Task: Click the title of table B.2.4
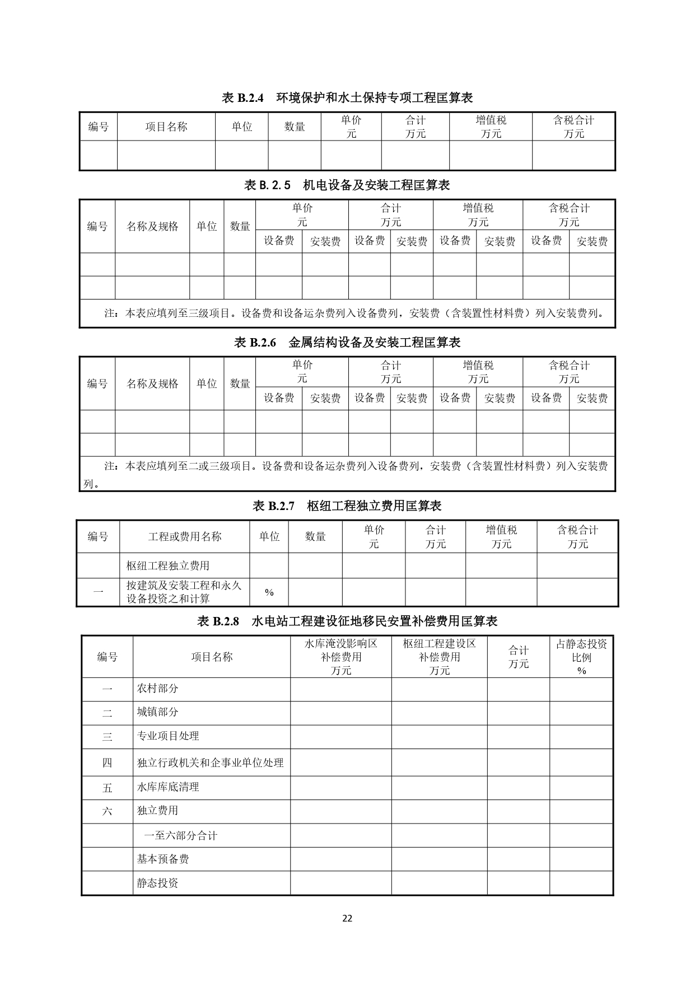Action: point(347,98)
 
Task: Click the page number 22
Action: point(347,918)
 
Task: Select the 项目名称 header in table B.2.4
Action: point(166,127)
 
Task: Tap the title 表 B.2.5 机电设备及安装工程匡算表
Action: point(347,185)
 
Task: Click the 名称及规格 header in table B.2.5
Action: point(152,226)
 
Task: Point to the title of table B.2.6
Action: point(347,343)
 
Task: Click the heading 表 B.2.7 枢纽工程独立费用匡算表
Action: point(347,506)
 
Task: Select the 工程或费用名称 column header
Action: point(185,536)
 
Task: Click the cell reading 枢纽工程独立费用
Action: point(168,565)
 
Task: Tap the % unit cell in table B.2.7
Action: point(269,592)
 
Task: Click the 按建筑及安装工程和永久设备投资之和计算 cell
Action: point(184,592)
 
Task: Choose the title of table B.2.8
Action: point(347,621)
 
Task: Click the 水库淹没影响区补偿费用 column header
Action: point(340,657)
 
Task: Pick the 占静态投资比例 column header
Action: point(581,657)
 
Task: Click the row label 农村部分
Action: point(157,689)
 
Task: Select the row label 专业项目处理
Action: point(168,736)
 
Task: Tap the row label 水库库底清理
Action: point(168,787)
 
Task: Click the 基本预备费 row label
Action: point(163,859)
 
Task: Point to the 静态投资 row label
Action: point(157,883)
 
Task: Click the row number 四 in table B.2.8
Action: point(107,763)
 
